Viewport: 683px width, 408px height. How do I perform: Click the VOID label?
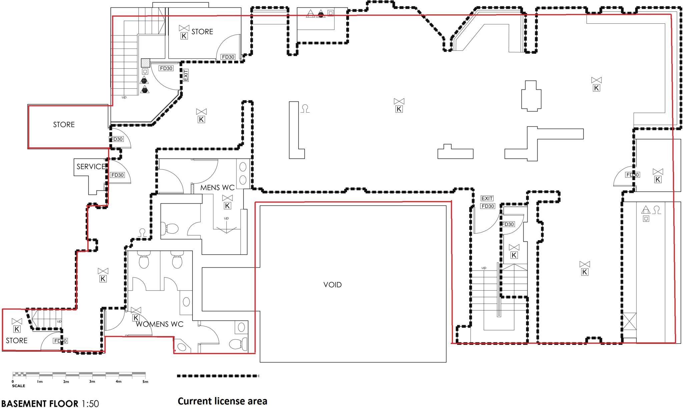pyautogui.click(x=332, y=285)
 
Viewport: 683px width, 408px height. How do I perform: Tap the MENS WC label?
pyautogui.click(x=217, y=187)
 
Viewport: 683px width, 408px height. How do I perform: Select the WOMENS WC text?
pyautogui.click(x=159, y=324)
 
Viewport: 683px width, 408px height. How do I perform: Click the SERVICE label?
pyautogui.click(x=91, y=166)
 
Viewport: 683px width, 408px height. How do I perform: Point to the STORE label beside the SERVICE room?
pyautogui.click(x=64, y=124)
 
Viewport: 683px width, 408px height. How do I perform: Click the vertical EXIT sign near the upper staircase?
pyautogui.click(x=186, y=75)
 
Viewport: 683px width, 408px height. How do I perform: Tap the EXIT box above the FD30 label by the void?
pyautogui.click(x=487, y=198)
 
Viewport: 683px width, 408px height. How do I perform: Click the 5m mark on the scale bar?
pyautogui.click(x=145, y=382)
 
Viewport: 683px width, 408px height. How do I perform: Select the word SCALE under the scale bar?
pyautogui.click(x=18, y=386)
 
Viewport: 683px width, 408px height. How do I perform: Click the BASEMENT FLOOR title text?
pyautogui.click(x=40, y=403)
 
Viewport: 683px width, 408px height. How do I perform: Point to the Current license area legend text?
pyautogui.click(x=222, y=401)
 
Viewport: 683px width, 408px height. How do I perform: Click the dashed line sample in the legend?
pyautogui.click(x=218, y=376)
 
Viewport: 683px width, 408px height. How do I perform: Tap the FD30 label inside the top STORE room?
pyautogui.click(x=228, y=57)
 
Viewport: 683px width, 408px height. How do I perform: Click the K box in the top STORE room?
pyautogui.click(x=184, y=36)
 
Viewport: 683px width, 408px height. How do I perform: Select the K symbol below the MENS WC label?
pyautogui.click(x=227, y=206)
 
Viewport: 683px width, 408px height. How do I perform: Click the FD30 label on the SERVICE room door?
pyautogui.click(x=117, y=175)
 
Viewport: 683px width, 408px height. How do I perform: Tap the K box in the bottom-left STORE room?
pyautogui.click(x=17, y=329)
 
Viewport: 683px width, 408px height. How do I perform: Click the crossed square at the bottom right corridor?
pyautogui.click(x=629, y=321)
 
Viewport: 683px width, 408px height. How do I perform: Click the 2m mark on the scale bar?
pyautogui.click(x=66, y=382)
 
